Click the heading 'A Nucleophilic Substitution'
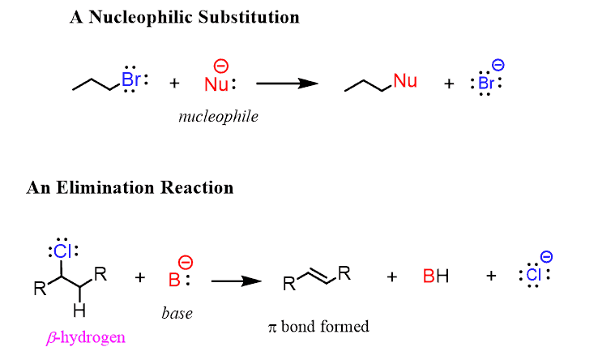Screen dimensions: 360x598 pos(184,17)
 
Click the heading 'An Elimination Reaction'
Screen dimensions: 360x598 pos(130,187)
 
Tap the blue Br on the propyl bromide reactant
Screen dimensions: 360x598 pos(131,80)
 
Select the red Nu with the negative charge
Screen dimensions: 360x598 pos(216,83)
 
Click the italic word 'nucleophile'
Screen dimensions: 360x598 pos(218,116)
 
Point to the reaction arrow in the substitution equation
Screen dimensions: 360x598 pos(284,83)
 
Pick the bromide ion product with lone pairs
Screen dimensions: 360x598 pos(486,83)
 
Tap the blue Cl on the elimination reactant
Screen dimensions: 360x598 pos(62,251)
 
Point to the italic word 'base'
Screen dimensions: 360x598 pos(177,313)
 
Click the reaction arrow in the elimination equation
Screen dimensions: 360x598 pos(236,281)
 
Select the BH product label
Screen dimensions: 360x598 pos(435,277)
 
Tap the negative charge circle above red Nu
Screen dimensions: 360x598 pos(221,66)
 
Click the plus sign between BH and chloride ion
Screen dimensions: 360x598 pos(490,276)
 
